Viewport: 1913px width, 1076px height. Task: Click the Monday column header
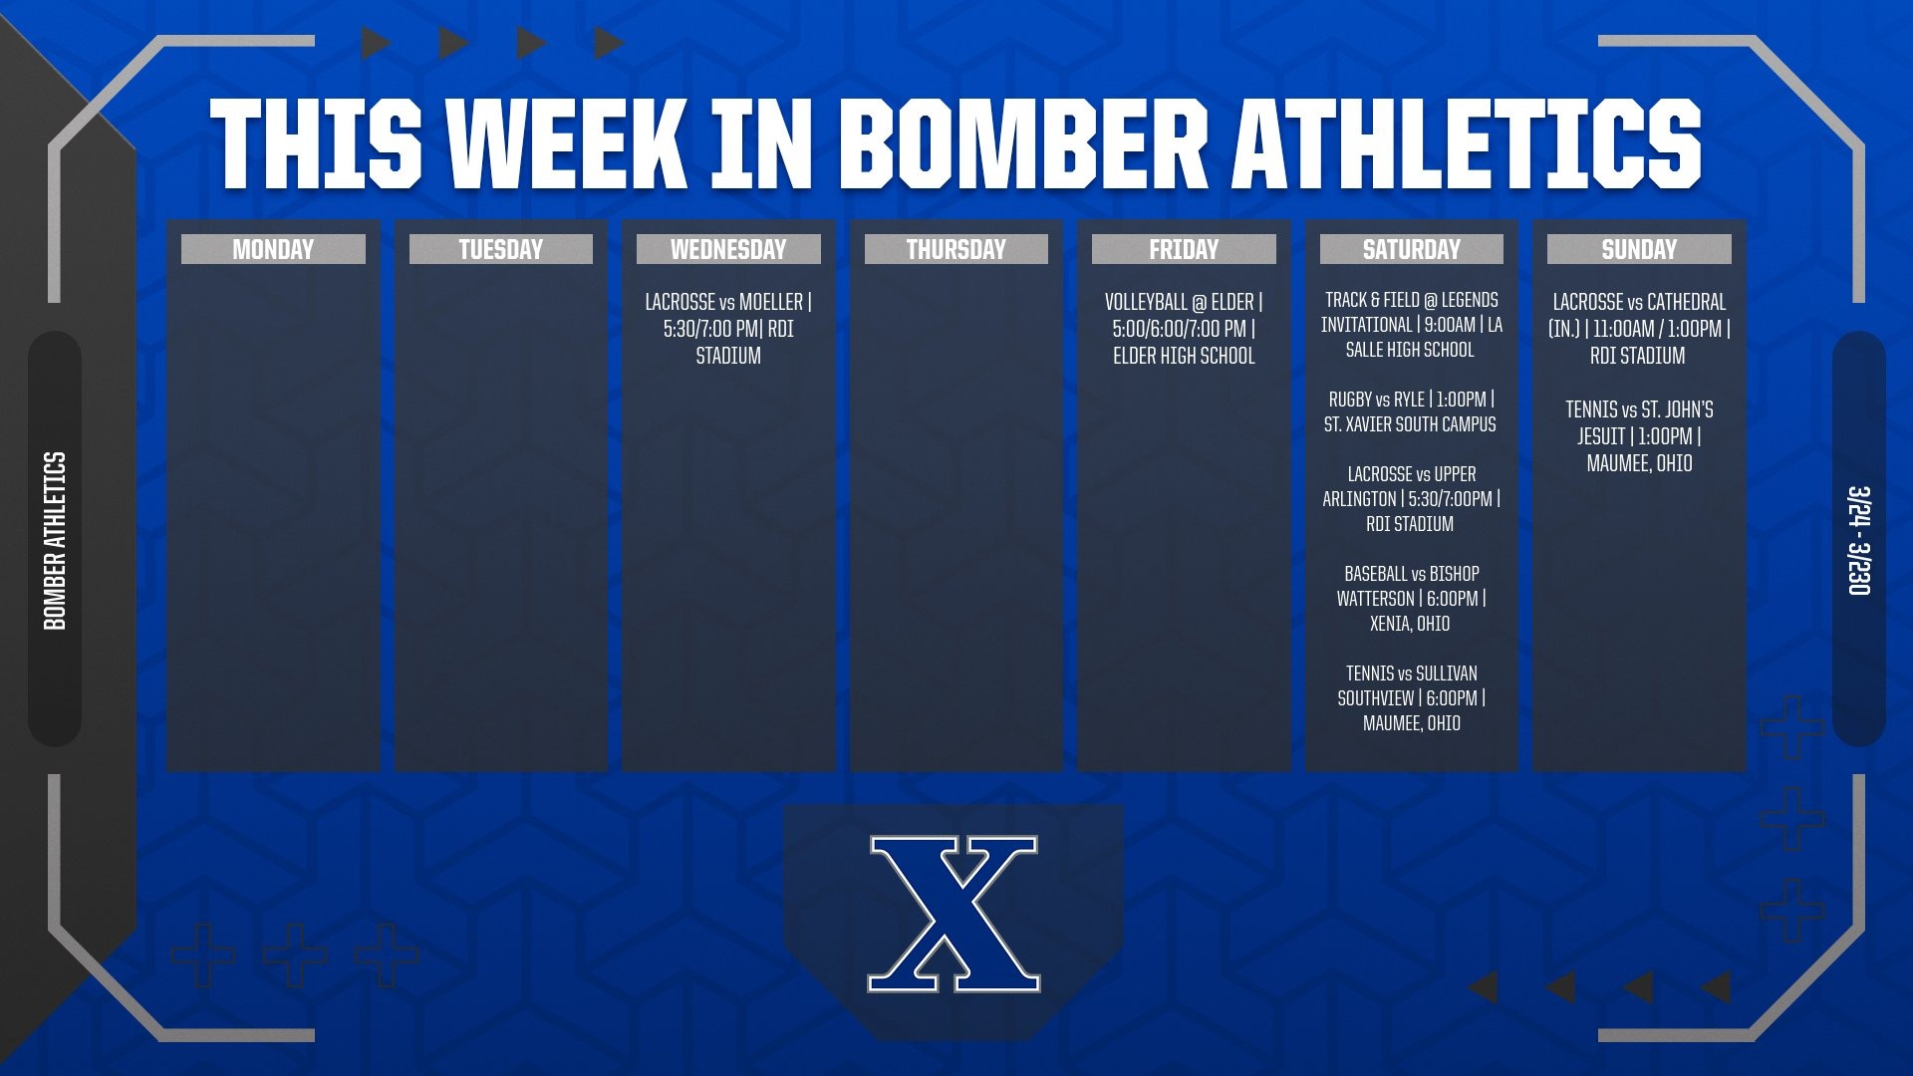tap(273, 249)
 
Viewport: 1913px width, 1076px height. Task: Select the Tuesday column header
tap(500, 249)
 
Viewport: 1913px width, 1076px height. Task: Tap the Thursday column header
tap(956, 249)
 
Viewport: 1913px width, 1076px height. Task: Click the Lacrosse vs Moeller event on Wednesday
tap(728, 329)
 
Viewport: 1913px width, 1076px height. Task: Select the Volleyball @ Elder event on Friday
tap(1184, 329)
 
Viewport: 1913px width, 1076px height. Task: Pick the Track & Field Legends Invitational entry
tap(1411, 325)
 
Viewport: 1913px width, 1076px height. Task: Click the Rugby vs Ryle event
tap(1411, 411)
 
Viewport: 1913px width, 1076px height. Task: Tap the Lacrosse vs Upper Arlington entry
tap(1411, 499)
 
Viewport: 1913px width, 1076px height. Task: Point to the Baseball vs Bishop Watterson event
tap(1411, 599)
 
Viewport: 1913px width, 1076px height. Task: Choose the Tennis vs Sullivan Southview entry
tap(1411, 698)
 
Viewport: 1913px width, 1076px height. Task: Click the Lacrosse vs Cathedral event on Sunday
tap(1639, 329)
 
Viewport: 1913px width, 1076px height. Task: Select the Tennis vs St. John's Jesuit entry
tap(1639, 436)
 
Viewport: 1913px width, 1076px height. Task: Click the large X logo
tap(954, 914)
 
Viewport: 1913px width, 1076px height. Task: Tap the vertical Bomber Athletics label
tap(55, 540)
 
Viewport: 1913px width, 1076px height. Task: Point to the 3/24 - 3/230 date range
tap(1859, 540)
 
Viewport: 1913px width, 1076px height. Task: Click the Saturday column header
tap(1411, 249)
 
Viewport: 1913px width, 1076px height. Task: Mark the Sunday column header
tap(1639, 249)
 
